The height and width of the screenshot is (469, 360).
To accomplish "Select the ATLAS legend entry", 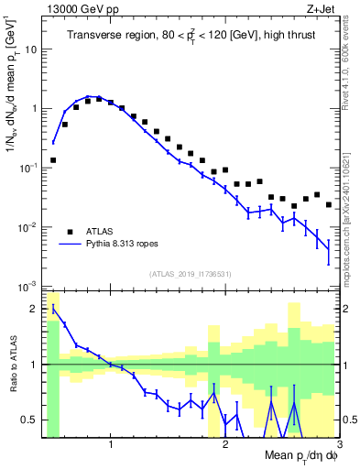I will pos(100,230).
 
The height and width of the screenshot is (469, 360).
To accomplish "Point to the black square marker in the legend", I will pos(70,230).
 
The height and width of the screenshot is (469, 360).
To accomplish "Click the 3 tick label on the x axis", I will pos(352,447).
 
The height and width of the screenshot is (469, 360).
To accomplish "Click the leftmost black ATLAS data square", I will pos(53,160).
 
